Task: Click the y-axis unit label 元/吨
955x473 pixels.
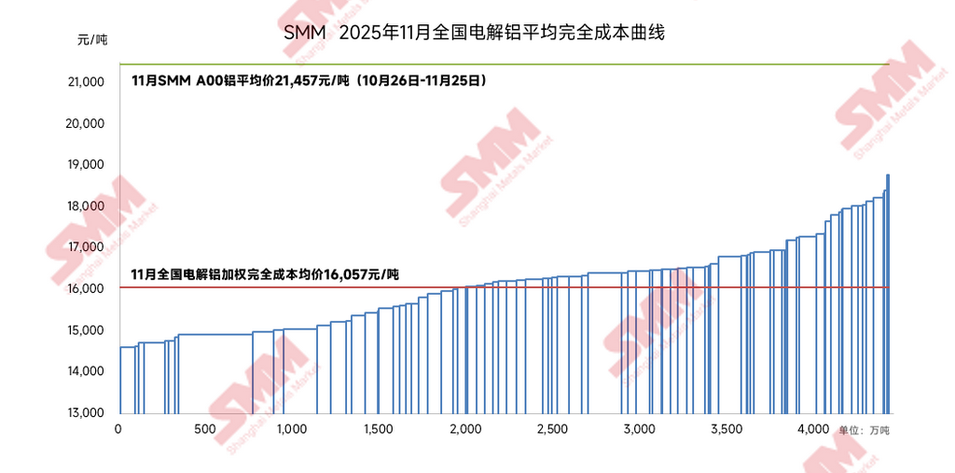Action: pyautogui.click(x=92, y=40)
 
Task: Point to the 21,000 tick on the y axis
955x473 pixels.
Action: pyautogui.click(x=86, y=82)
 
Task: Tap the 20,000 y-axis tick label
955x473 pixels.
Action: pyautogui.click(x=86, y=124)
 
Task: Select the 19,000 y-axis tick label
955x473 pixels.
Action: pyautogui.click(x=86, y=165)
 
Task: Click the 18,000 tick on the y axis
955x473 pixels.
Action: pyautogui.click(x=86, y=206)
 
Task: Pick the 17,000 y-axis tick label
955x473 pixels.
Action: pyautogui.click(x=86, y=248)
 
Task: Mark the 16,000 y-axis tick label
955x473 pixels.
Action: pyautogui.click(x=86, y=289)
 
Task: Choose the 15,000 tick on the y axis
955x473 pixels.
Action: pyautogui.click(x=86, y=330)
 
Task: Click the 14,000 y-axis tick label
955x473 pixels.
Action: pyautogui.click(x=86, y=371)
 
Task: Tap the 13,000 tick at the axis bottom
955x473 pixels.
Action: pyautogui.click(x=86, y=412)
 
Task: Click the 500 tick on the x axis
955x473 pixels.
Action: pyautogui.click(x=205, y=429)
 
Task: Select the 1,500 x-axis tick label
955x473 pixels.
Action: pyautogui.click(x=378, y=429)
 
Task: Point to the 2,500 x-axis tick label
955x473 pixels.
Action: pyautogui.click(x=552, y=429)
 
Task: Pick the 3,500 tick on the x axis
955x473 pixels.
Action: pyautogui.click(x=726, y=429)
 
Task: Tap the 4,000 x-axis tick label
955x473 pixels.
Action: pyautogui.click(x=813, y=429)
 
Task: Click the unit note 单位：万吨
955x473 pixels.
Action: pyautogui.click(x=864, y=431)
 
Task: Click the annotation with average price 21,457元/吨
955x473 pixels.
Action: pyautogui.click(x=309, y=81)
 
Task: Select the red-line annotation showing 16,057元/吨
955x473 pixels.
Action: pyautogui.click(x=266, y=274)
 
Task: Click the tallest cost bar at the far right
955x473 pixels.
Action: pyautogui.click(x=888, y=294)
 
